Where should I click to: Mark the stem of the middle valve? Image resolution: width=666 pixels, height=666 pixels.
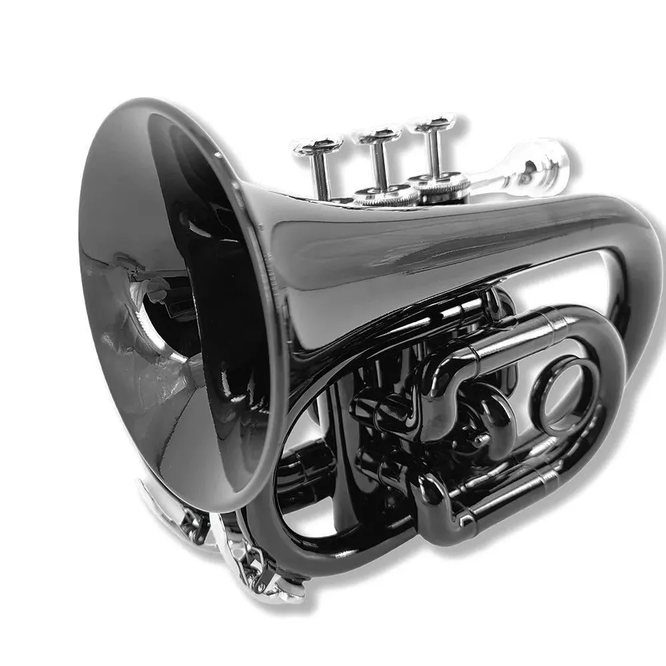(378, 163)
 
